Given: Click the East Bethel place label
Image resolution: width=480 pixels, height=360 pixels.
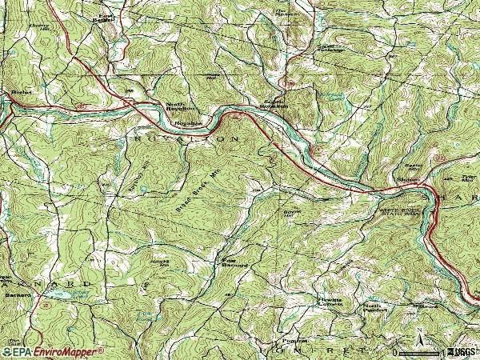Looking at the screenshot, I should click(104, 18).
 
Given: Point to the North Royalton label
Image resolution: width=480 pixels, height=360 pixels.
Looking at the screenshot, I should click(178, 106).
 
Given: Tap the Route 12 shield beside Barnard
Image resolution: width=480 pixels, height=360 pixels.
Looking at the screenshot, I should click(46, 305).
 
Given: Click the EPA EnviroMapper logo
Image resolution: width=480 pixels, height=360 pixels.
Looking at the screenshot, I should click(53, 351).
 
